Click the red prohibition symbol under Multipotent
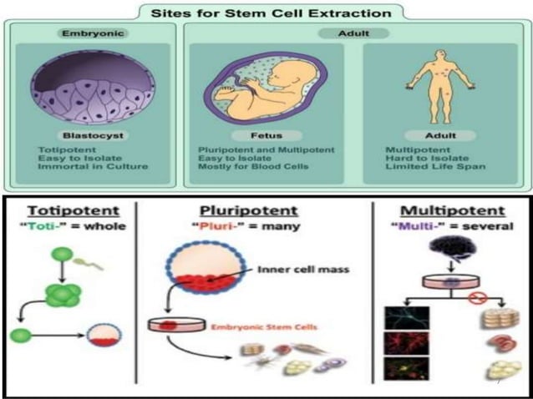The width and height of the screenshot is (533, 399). pos(476,299)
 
